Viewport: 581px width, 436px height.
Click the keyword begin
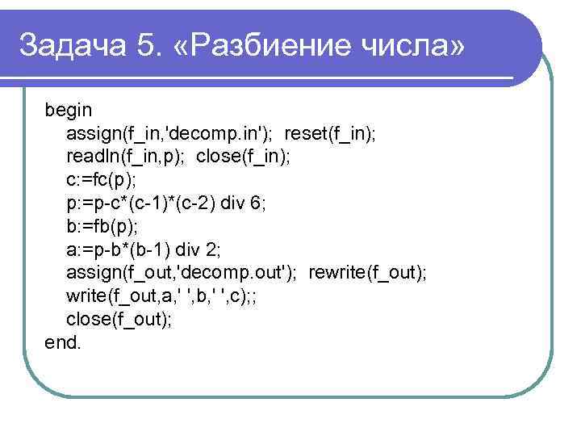coord(69,109)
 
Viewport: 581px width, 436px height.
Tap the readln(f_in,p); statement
coord(125,156)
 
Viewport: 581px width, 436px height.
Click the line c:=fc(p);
coord(102,178)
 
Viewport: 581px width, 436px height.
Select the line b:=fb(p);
coord(102,225)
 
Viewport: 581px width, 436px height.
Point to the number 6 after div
coord(257,202)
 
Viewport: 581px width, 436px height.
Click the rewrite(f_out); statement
coord(367,272)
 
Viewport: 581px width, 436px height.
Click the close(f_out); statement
coord(119,319)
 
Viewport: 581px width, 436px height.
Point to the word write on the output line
coord(85,296)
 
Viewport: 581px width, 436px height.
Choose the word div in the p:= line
coord(230,202)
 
